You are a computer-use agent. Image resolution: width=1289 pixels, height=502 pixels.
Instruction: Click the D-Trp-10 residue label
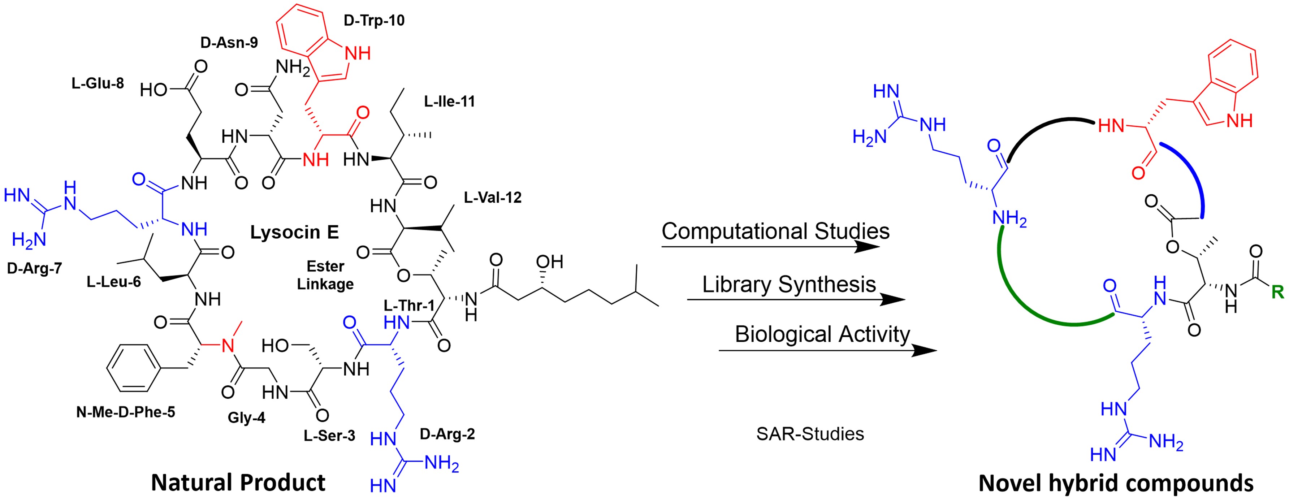374,21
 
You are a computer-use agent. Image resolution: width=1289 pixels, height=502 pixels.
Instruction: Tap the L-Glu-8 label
98,83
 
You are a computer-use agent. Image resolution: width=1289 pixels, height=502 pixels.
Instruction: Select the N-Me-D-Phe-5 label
126,412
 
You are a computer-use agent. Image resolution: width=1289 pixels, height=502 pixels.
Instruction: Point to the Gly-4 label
246,417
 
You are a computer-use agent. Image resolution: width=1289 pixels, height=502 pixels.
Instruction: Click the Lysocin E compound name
294,232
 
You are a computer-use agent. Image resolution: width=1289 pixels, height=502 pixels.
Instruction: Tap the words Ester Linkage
325,275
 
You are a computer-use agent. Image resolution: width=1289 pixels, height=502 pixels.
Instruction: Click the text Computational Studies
775,231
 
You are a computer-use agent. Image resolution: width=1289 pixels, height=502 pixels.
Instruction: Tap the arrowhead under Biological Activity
923,350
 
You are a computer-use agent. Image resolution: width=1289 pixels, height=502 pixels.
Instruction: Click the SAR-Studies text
810,433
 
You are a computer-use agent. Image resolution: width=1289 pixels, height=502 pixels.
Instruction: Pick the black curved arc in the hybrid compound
1046,125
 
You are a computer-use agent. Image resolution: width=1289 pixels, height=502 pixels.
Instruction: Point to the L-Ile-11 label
449,101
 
